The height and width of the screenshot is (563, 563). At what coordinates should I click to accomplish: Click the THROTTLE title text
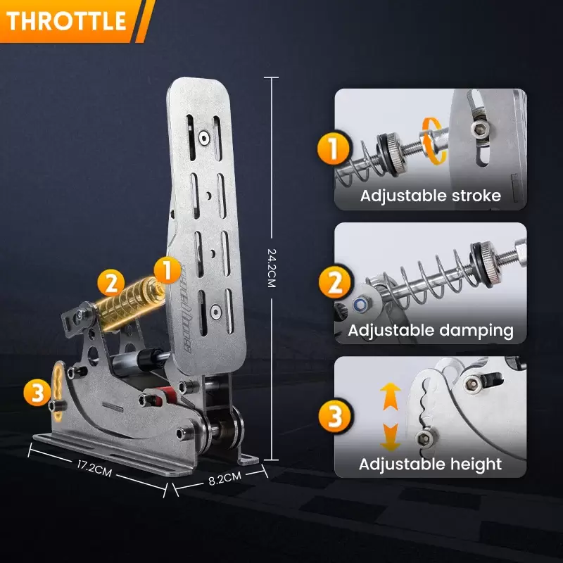click(x=66, y=20)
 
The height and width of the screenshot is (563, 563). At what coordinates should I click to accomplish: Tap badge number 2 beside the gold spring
click(x=110, y=284)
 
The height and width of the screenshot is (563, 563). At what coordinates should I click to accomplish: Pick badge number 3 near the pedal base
click(x=36, y=393)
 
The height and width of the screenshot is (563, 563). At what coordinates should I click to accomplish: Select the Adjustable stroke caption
click(x=431, y=196)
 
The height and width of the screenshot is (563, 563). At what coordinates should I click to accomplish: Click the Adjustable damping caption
click(x=431, y=329)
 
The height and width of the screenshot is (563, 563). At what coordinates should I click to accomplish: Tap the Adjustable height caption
click(x=431, y=464)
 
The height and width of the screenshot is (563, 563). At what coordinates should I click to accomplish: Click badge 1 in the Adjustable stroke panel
click(x=333, y=150)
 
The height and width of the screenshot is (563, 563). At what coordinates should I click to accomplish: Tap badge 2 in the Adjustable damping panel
click(x=333, y=284)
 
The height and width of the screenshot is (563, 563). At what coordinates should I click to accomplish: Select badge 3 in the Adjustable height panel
click(x=333, y=417)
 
